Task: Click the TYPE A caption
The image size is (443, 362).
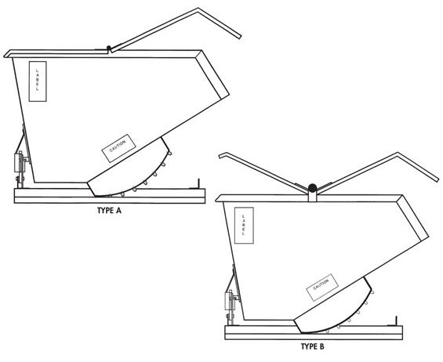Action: click(114, 211)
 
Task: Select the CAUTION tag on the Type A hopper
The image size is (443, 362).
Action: click(119, 148)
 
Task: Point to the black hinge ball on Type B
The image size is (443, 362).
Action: click(311, 188)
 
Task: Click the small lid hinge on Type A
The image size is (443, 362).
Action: click(107, 49)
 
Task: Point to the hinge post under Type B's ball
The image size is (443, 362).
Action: click(311, 199)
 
